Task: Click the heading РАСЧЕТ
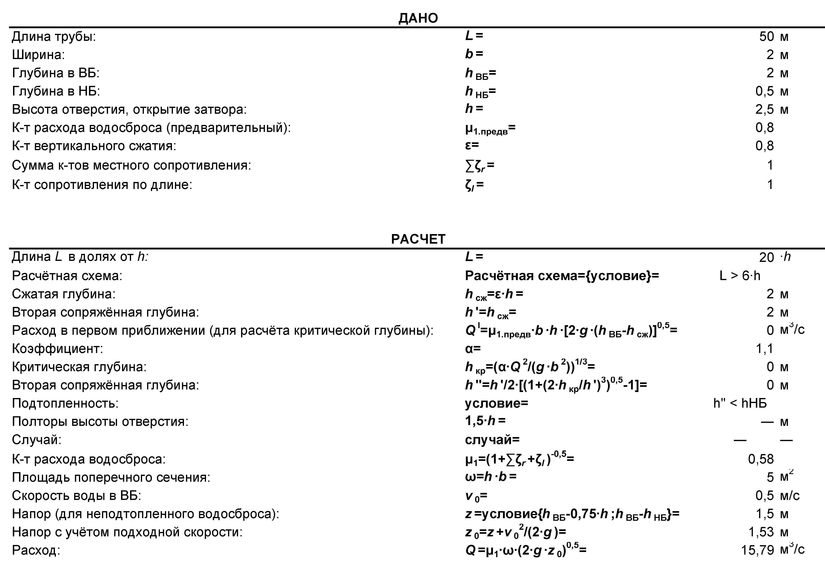(x=418, y=239)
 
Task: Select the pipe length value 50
(x=766, y=36)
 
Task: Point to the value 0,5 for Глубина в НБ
(x=764, y=91)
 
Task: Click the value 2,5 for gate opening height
(x=764, y=110)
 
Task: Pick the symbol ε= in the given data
(x=472, y=146)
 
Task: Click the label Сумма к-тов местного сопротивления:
(x=131, y=165)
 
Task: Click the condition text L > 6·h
(x=740, y=275)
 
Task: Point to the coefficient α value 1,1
(x=764, y=349)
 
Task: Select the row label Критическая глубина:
(x=79, y=367)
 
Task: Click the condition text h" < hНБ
(x=740, y=403)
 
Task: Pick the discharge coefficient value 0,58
(x=761, y=459)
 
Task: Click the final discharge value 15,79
(x=757, y=550)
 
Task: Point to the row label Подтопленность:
(x=65, y=403)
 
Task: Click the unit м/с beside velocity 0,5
(x=790, y=496)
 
